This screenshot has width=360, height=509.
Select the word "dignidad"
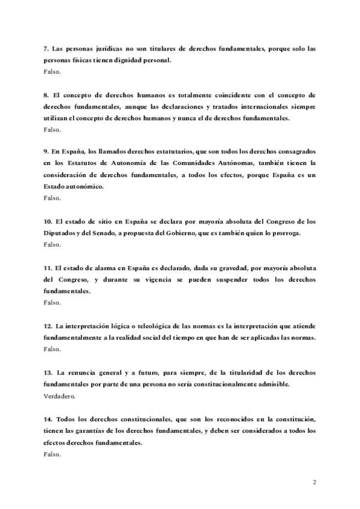click(x=138, y=59)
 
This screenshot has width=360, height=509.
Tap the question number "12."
click(x=48, y=326)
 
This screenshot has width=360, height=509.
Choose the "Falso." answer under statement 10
click(x=52, y=244)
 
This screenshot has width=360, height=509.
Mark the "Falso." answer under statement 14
click(x=52, y=454)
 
